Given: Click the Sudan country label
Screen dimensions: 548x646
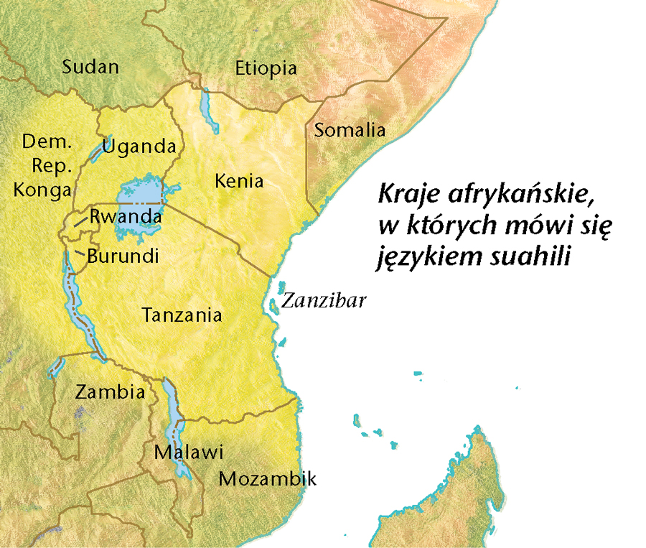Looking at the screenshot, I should pos(90,68).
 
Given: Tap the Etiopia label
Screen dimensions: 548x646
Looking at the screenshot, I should pos(266,68).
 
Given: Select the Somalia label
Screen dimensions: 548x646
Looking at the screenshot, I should pos(350,131).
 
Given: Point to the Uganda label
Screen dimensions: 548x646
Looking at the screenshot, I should pos(139,147).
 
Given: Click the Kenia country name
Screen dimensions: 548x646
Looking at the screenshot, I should pos(239,180).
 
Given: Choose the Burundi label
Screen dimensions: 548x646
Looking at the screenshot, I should pos(122,256).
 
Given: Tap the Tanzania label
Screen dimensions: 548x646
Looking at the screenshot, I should pos(182,315).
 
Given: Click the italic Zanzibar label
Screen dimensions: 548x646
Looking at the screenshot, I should pos(324,300).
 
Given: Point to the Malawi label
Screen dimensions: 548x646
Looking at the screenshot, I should pos(189,453).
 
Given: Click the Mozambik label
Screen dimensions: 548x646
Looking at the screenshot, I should pos(267,479).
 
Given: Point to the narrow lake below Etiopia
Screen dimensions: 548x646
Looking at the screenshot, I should pos(210,109).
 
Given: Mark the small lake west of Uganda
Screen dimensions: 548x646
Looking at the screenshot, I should pos(98,150).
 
